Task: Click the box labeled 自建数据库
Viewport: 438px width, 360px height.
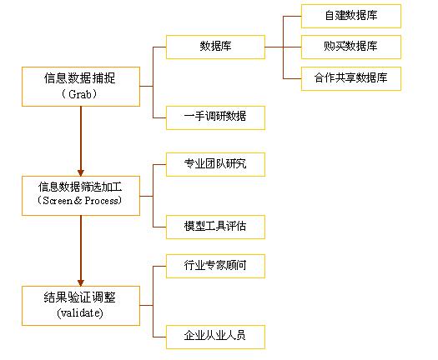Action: click(351, 16)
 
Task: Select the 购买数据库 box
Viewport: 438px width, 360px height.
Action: click(351, 47)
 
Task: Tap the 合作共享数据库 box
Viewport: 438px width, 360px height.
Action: click(351, 78)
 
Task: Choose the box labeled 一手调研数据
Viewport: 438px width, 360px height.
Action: click(215, 117)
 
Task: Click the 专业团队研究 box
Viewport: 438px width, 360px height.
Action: click(215, 164)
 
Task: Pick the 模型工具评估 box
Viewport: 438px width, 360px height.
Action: click(215, 227)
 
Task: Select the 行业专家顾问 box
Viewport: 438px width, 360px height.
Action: click(215, 266)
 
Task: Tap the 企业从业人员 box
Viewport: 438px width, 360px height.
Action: click(215, 337)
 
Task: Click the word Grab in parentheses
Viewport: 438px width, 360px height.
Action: click(80, 94)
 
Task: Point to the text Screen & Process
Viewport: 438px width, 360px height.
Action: click(80, 200)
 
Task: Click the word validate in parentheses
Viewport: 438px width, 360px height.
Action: click(79, 312)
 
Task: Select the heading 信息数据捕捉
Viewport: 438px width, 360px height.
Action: click(79, 77)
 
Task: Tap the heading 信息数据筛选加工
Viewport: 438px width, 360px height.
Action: click(80, 187)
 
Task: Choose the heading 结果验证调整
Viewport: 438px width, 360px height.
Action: click(79, 297)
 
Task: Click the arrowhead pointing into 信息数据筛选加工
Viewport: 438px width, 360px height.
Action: click(81, 172)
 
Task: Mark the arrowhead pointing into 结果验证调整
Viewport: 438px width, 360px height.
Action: click(81, 282)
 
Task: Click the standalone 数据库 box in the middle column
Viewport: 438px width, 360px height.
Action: click(215, 47)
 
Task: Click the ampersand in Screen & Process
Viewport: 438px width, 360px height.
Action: click(78, 200)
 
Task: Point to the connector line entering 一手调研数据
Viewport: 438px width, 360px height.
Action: click(159, 117)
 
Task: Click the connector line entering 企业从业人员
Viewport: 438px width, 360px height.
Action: click(159, 337)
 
